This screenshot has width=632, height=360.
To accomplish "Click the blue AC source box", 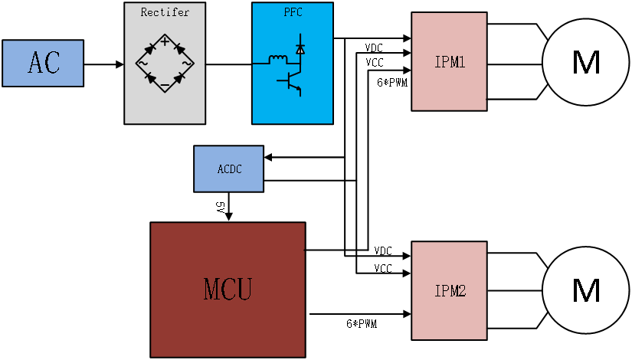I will pos(43,63).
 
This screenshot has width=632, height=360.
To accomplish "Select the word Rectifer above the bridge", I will pos(165,12).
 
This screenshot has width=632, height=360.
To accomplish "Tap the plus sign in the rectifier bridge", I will pos(165,41).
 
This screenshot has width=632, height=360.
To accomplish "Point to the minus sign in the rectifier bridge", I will pos(165,85).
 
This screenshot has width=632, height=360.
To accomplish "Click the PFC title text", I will pos(293,11).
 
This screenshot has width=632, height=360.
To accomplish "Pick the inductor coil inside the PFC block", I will pos(277,57).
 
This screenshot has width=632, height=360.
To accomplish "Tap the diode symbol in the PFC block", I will pos(300,47).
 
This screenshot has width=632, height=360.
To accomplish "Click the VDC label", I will pos(373,48).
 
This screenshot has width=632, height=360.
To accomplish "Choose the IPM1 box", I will pos(449,61).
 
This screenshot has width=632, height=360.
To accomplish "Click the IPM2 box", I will pos(449,291).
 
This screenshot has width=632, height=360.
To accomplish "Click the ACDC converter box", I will pos(228,169).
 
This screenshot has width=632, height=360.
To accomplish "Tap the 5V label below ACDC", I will pos(219,207).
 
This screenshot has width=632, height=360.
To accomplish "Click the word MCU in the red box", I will pos(228,290).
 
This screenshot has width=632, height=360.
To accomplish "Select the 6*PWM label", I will pos(361,325).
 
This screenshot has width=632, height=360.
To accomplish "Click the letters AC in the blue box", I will pos(43,63).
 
